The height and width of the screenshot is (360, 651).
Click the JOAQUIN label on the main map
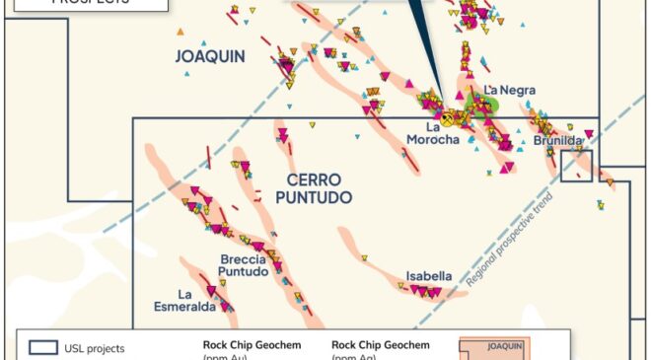[210, 56]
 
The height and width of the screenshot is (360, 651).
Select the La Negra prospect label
[510, 91]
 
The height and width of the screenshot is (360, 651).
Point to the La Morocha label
[432, 133]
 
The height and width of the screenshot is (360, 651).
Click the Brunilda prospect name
[558, 141]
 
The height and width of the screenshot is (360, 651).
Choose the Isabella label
[428, 276]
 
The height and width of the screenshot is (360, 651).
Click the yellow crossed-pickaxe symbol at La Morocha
[448, 117]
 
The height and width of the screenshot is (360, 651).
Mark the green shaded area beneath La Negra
[486, 108]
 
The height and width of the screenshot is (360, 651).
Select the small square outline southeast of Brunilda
[577, 167]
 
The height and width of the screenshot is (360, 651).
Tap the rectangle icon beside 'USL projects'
[42, 347]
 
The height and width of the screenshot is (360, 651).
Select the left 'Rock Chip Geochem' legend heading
[235, 345]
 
